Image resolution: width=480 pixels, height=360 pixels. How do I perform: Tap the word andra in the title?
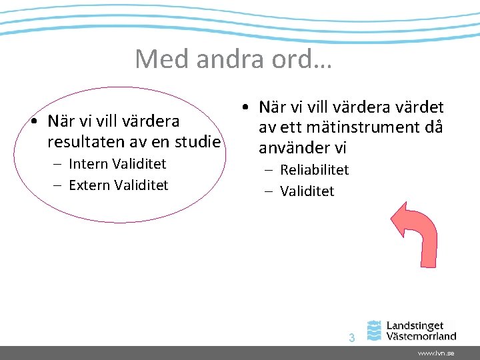[229, 59]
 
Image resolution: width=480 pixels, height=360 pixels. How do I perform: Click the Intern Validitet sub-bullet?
[117, 164]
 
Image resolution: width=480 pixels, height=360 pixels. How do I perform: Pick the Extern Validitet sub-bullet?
[118, 185]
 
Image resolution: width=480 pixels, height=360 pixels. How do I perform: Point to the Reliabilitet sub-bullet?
[314, 170]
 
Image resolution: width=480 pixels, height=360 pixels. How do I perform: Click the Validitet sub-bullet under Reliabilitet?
[307, 191]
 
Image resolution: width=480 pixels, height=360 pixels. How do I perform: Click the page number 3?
[351, 338]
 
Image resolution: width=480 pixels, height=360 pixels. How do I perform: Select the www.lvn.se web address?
[436, 353]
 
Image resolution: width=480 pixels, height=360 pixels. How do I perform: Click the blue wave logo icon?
[375, 331]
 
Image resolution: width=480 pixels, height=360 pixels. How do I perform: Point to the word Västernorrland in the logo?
[421, 336]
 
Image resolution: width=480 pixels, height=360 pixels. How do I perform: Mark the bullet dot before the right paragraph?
[246, 107]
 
